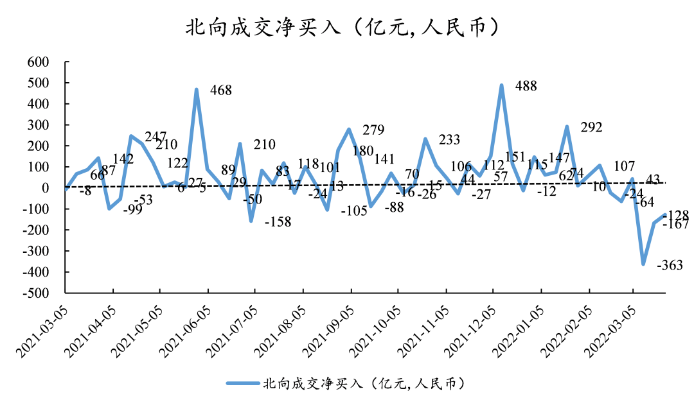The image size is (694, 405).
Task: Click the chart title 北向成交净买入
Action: click(341, 27)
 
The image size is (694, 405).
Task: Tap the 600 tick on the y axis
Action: click(39, 62)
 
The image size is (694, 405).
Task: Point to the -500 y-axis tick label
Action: click(36, 293)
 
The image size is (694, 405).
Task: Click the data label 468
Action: click(221, 90)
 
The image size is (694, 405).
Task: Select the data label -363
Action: click(669, 265)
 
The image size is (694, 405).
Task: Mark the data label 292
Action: click(591, 128)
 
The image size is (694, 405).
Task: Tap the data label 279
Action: click(373, 130)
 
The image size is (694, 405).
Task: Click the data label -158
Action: click(277, 223)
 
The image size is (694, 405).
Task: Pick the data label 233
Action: click(450, 140)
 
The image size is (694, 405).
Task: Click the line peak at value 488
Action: click(501, 85)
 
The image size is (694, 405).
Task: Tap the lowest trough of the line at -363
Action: click(643, 264)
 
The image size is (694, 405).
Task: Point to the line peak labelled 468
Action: click(197, 90)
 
